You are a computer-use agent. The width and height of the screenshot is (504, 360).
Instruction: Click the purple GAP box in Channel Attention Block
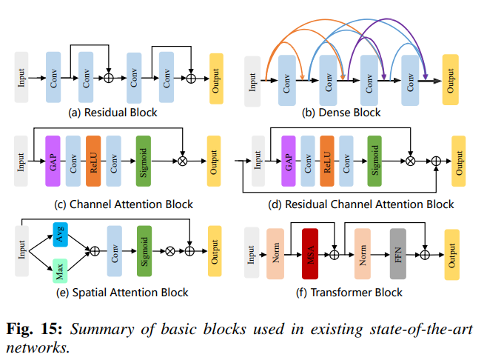pos(53,155)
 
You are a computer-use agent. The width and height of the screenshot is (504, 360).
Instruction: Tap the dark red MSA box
pos(310,253)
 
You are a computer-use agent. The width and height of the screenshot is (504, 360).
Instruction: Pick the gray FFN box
pos(398,253)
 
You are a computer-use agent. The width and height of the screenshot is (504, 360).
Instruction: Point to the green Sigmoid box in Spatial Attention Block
pos(144,250)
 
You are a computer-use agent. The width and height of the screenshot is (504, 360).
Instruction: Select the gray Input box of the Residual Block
pos(21,77)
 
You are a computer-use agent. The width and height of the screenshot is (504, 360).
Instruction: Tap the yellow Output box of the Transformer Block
pos(451,253)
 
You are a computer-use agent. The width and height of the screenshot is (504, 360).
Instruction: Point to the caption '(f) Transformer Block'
pos(349,293)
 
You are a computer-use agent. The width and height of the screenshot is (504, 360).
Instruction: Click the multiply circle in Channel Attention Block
pos(183,159)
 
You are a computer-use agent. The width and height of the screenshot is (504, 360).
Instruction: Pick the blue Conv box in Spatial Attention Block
pos(115,250)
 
